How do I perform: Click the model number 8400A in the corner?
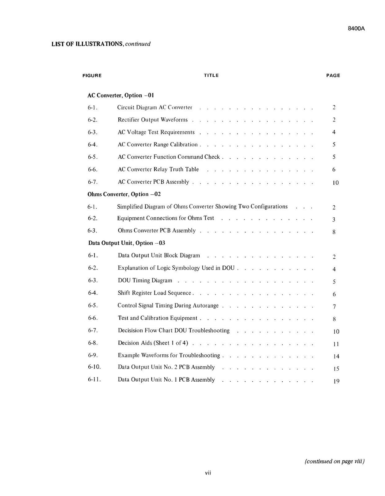click(x=356, y=29)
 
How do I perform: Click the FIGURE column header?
click(x=92, y=76)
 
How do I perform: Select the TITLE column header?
click(x=211, y=76)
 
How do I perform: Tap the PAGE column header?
click(x=333, y=76)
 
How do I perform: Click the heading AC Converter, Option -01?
click(x=121, y=95)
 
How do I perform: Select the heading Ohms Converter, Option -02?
click(x=124, y=194)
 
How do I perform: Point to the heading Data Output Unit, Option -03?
click(x=127, y=243)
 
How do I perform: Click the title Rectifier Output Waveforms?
click(x=153, y=120)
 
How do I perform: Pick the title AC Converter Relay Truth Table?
click(x=158, y=169)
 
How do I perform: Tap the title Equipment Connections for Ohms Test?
click(x=166, y=218)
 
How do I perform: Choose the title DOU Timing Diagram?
click(x=145, y=281)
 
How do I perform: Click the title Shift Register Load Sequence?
click(x=155, y=293)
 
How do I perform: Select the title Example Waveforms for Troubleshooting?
click(x=169, y=355)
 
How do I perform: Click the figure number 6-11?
click(x=94, y=380)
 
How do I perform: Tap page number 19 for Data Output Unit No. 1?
click(x=336, y=381)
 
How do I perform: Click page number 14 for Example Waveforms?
click(x=336, y=356)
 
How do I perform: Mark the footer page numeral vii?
click(x=208, y=473)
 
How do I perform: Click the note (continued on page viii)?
click(x=335, y=461)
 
